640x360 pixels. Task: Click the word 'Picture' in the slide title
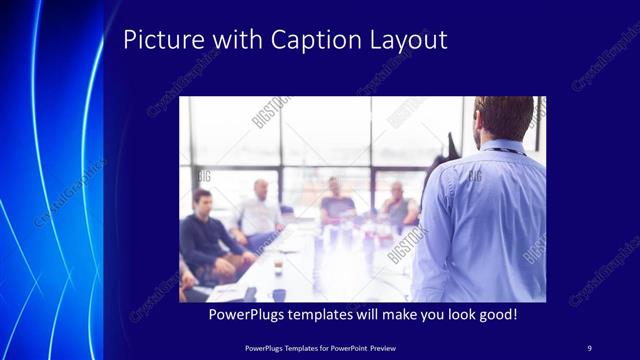(x=157, y=40)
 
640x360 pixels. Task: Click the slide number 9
(x=589, y=347)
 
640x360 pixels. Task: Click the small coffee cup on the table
(x=278, y=263)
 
